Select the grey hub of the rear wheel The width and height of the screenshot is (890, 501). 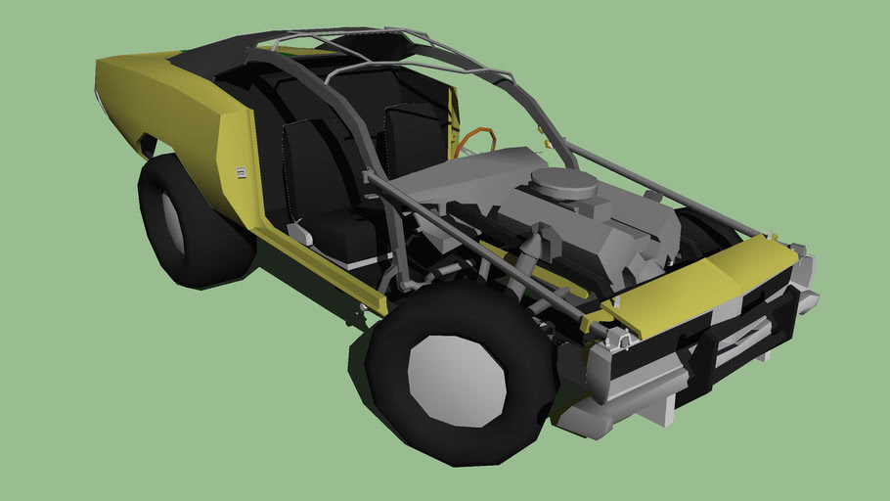173,220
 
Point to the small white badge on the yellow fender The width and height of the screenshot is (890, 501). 240,172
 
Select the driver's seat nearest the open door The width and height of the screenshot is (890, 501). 323,196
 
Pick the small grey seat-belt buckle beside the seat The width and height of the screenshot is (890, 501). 298,233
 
